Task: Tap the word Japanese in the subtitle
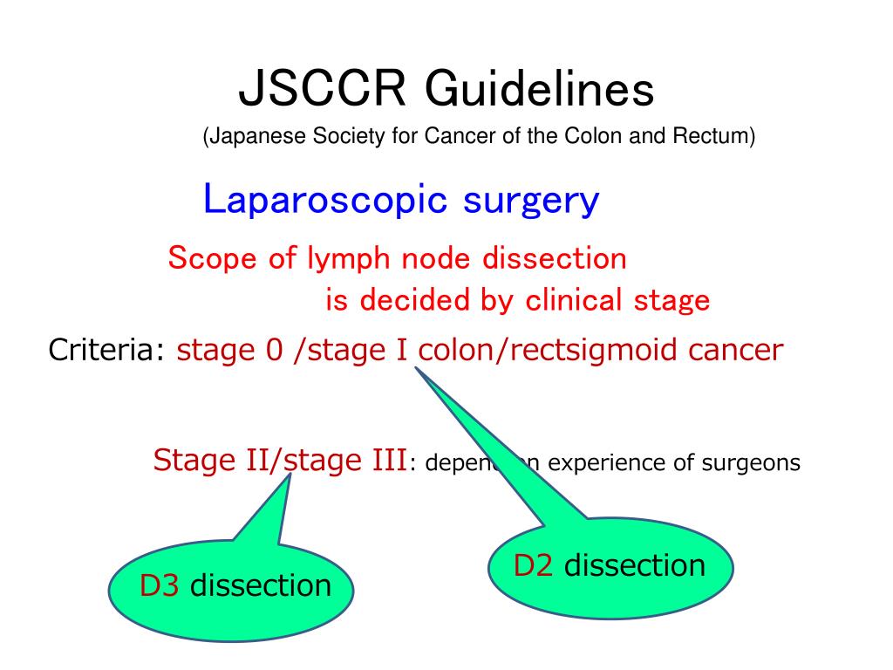pos(250,137)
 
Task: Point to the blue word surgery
pos(531,200)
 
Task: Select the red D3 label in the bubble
pos(160,585)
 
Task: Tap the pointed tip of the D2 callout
pos(416,367)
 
